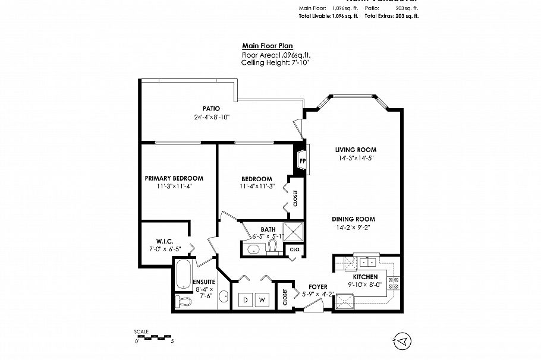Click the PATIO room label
[x=211, y=109]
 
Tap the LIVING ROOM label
[x=356, y=150]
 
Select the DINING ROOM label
[x=353, y=219]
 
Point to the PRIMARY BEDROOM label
[x=174, y=178]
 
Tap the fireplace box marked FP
[x=303, y=161]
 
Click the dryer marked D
[x=244, y=301]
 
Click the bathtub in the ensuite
[x=183, y=276]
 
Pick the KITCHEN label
[x=366, y=277]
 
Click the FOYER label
[x=318, y=287]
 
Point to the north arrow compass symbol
[x=402, y=341]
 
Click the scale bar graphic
[x=154, y=337]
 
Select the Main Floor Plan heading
[x=267, y=46]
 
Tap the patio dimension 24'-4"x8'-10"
[x=211, y=117]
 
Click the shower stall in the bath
[x=293, y=230]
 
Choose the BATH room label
[x=268, y=229]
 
